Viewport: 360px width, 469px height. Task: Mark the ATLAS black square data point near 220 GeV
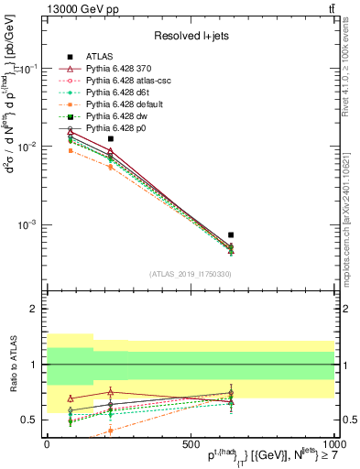pos(111,138)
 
